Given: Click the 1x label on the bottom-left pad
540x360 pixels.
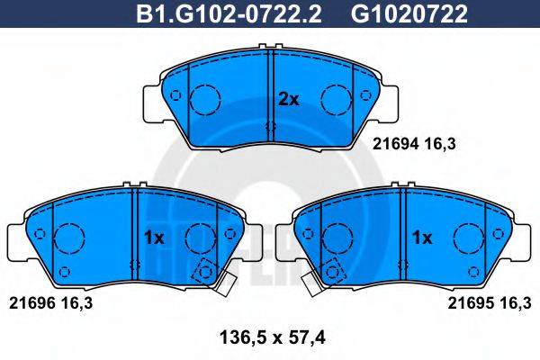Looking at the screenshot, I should (x=153, y=238).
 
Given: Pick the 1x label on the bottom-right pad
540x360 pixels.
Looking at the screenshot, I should (x=422, y=238).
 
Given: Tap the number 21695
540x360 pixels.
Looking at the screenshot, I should (x=469, y=303).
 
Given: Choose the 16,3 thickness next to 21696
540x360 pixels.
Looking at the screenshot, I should (x=74, y=303).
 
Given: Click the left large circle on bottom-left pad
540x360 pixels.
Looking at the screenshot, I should (x=69, y=238).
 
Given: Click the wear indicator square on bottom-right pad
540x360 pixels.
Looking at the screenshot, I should (x=336, y=269).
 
